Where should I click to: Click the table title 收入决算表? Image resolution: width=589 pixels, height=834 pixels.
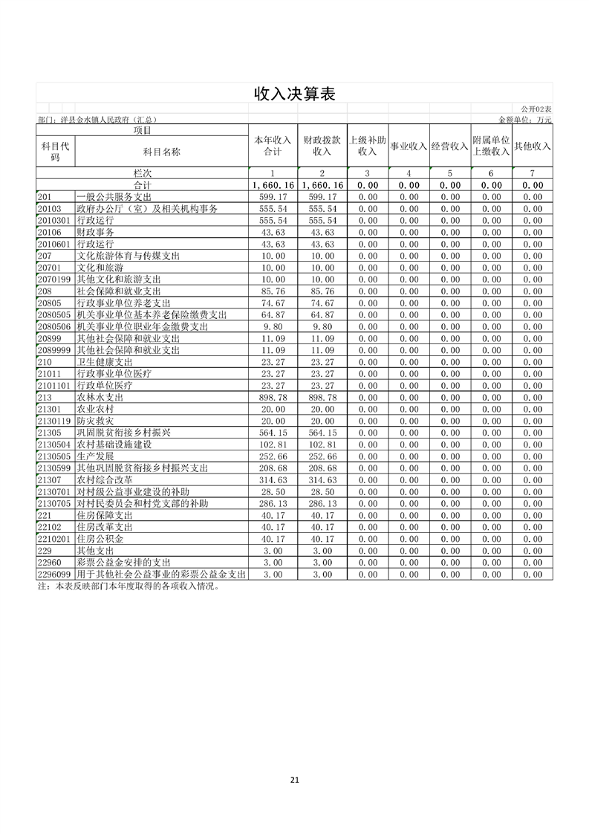tap(295, 94)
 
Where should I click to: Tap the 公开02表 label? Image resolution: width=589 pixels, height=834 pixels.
tap(536, 109)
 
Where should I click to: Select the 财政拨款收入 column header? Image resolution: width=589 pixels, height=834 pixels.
tap(322, 146)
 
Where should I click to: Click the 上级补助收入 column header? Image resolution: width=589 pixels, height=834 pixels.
tap(368, 146)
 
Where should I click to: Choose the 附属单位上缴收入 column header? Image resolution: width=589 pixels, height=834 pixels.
tap(491, 146)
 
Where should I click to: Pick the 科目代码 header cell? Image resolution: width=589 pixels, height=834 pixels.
tap(55, 151)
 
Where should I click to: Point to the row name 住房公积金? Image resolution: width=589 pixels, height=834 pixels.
tap(100, 538)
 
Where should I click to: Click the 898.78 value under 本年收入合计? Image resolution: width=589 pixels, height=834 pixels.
tap(274, 398)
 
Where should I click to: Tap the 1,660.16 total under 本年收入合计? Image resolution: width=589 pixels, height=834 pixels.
tap(273, 185)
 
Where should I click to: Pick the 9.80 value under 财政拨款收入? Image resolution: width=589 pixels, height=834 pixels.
tap(323, 326)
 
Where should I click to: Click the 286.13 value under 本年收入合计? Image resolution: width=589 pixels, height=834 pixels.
tap(274, 503)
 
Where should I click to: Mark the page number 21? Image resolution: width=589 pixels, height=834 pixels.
tap(295, 780)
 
